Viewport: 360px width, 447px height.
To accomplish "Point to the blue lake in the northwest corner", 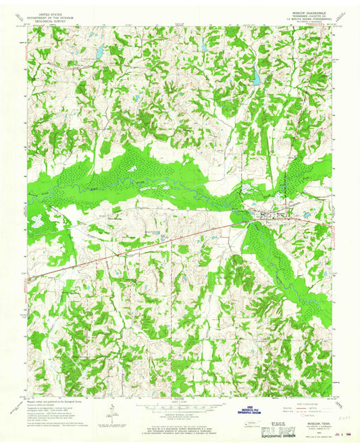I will click(98, 52).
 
